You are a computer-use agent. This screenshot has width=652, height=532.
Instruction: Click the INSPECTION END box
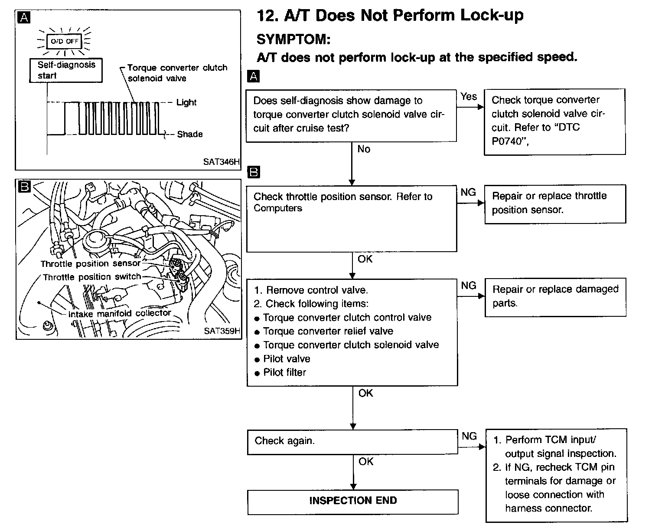[353, 501]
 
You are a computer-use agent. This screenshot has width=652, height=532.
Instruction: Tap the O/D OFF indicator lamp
[65, 42]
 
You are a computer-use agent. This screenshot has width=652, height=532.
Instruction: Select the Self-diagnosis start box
[66, 70]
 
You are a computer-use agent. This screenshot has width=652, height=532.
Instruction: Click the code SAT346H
[221, 162]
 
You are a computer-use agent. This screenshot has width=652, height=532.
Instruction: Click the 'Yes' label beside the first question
[469, 96]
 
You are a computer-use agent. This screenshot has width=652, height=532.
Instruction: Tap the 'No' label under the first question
[364, 149]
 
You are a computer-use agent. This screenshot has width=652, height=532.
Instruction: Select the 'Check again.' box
[352, 441]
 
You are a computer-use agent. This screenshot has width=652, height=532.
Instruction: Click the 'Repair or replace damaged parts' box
[555, 296]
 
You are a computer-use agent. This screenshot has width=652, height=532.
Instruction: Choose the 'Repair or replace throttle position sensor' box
[555, 204]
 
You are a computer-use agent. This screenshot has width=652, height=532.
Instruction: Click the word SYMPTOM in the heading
[293, 39]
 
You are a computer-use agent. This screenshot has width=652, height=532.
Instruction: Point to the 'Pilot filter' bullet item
[284, 372]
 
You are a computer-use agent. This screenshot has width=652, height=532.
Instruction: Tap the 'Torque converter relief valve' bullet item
[328, 331]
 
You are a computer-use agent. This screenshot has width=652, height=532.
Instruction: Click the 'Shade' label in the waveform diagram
[190, 134]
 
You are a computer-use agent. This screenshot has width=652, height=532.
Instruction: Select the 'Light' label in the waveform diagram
[186, 102]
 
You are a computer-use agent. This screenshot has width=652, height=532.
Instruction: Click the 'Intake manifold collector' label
[120, 313]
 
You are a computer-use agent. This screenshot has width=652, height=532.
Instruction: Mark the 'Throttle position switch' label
[92, 277]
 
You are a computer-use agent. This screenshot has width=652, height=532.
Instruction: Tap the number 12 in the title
[267, 16]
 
